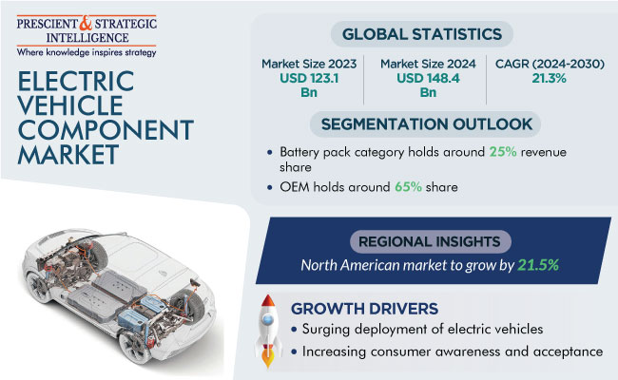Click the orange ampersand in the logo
pos(86,23)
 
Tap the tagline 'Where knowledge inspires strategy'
pos(87,52)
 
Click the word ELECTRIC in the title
pos(76,81)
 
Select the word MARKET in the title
pos(68,154)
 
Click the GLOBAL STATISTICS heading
pos(422,34)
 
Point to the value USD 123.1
pos(309,78)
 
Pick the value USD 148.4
pos(428,78)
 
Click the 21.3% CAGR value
pos(549,78)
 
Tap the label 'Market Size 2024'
pos(428,64)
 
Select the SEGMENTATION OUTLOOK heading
pos(427,124)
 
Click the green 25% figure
pos(503,152)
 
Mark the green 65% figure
pos(408,186)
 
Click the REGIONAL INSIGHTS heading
pos(429,241)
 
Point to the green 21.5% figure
pos(538,265)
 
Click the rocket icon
pos(268,331)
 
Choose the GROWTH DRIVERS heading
pos(364,309)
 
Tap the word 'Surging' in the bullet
pos(326,330)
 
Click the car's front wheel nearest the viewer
pos(134,346)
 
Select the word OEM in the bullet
pos(295,186)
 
